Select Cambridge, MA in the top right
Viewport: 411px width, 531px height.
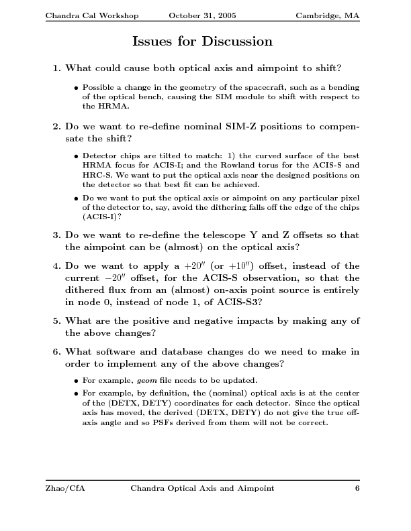(x=328, y=15)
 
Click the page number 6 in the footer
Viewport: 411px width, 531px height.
(x=357, y=489)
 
